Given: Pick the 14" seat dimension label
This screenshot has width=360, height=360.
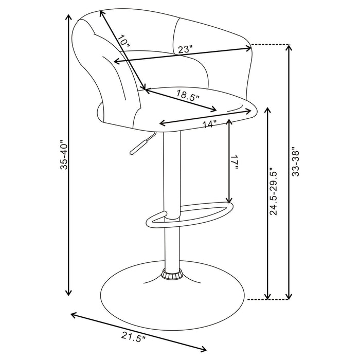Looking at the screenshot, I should click(x=209, y=124).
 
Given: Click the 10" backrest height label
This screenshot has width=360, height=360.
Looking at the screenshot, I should click(x=123, y=41).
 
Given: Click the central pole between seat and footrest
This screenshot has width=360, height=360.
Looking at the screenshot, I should click(x=171, y=170).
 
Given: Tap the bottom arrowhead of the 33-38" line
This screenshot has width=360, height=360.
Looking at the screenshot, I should click(x=290, y=296).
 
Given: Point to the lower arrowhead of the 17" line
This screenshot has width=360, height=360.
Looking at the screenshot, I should click(x=229, y=200).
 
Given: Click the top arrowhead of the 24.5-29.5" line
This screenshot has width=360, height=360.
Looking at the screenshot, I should click(x=267, y=110).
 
